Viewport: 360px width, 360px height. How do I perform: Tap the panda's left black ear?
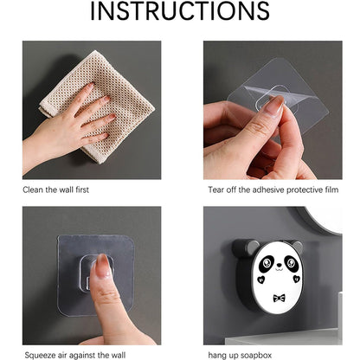pos(242,248)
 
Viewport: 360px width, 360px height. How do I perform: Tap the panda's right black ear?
pos(295,247)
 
